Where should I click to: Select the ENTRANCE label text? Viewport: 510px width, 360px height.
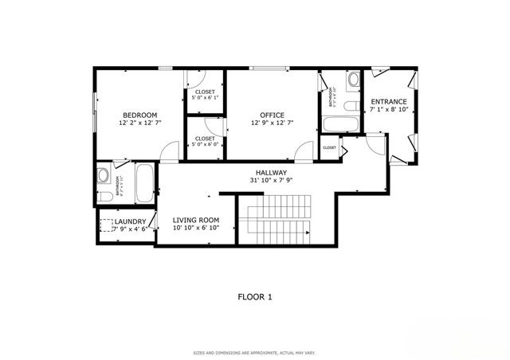[x=389, y=102]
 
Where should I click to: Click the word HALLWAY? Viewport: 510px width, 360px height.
[x=271, y=172]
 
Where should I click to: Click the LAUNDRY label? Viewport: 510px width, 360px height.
[x=129, y=221]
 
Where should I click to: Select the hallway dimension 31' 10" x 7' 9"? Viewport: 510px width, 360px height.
[x=271, y=181]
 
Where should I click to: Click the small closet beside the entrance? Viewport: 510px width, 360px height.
[x=329, y=148]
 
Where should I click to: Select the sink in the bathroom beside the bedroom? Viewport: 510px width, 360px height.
[x=104, y=174]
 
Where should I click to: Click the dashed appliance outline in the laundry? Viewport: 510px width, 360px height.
[x=106, y=225]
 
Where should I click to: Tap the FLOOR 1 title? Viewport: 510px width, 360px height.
[x=255, y=297]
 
